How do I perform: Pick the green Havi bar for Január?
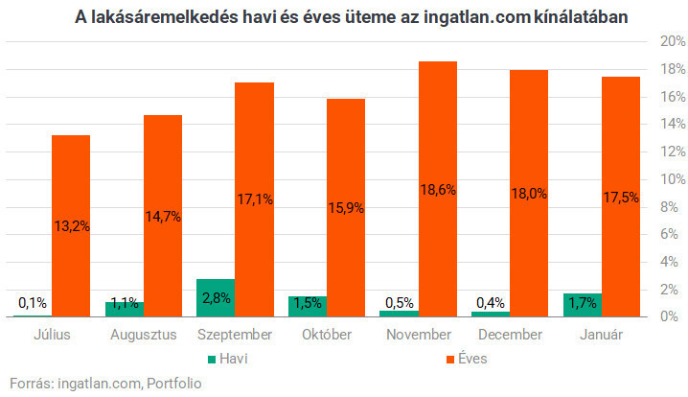tap(584, 305)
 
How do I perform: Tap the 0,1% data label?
tap(32, 303)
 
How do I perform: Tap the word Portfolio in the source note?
tap(173, 384)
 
